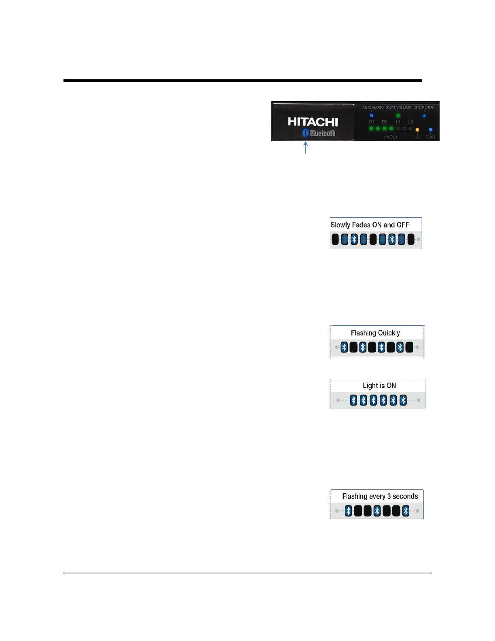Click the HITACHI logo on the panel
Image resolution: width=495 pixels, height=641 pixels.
(x=313, y=122)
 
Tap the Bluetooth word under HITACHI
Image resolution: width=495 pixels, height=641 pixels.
(x=323, y=133)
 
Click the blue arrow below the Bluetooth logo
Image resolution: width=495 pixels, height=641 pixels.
(x=306, y=147)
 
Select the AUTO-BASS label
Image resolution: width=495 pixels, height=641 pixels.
(x=372, y=108)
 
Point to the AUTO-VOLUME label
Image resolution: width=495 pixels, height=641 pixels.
(x=398, y=108)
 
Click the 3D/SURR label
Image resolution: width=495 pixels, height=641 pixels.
(x=424, y=108)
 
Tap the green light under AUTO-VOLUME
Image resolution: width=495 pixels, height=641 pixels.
(x=398, y=115)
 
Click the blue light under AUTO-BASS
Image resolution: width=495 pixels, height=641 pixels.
(x=372, y=115)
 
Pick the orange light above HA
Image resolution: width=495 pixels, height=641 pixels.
(x=417, y=130)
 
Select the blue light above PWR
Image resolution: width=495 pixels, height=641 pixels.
(x=430, y=130)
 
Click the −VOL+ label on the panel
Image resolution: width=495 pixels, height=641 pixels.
(x=391, y=137)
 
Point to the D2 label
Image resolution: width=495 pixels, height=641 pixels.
(x=385, y=122)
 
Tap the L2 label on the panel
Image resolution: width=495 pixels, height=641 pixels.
(x=410, y=122)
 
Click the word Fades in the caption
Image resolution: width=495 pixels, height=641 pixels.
(x=361, y=225)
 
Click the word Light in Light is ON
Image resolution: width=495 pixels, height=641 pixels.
(x=370, y=386)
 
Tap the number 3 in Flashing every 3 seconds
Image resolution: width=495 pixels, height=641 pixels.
(x=389, y=497)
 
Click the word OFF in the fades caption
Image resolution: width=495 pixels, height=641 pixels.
(x=403, y=225)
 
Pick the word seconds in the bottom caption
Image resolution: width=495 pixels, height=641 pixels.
(x=405, y=497)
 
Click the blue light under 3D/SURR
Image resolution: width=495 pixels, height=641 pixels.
(x=424, y=116)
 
